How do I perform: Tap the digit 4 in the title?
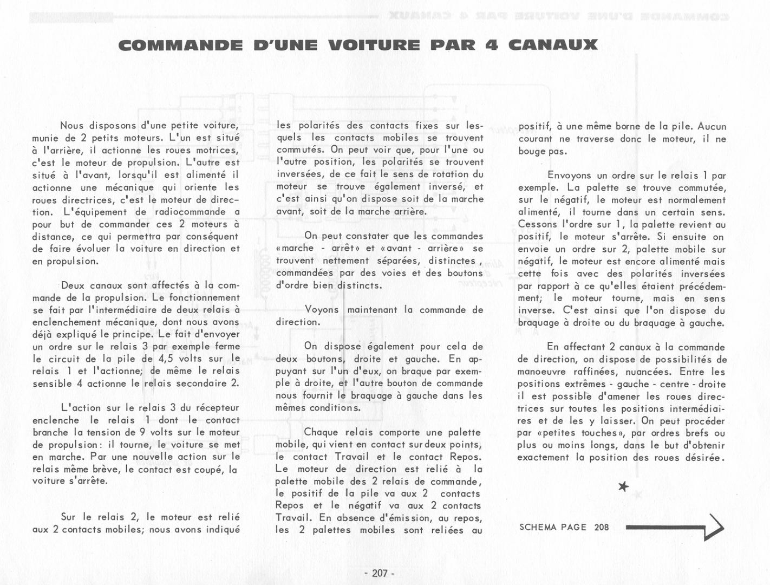tap(492, 45)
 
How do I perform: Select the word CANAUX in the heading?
tap(553, 45)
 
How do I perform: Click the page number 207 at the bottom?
tap(380, 573)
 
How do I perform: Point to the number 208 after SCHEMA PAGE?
tap(601, 527)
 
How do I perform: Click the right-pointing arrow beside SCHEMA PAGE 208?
tap(675, 527)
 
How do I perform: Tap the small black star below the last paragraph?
tap(624, 486)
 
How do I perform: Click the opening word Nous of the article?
tap(72, 126)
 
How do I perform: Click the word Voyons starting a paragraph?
tap(322, 310)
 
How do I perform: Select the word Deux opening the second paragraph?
tap(73, 285)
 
